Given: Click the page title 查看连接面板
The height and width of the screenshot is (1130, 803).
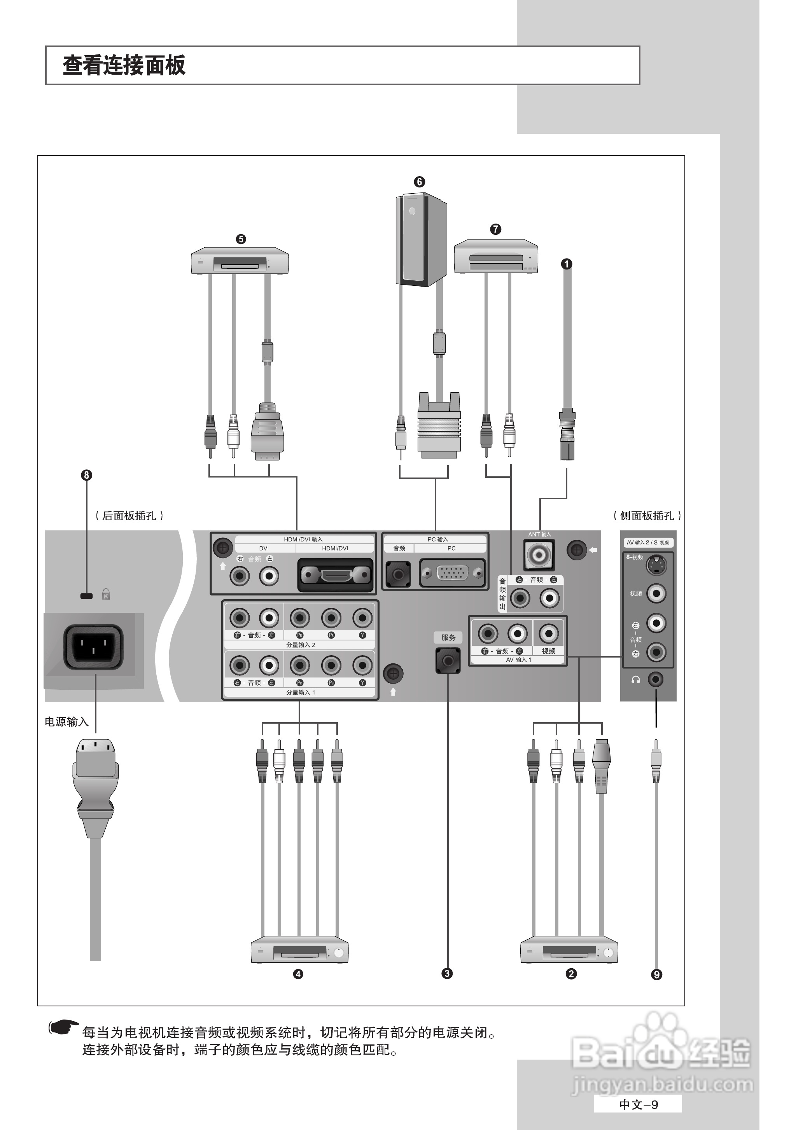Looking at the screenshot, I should click(124, 66).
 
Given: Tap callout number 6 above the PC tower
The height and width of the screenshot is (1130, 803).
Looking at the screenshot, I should click(419, 182).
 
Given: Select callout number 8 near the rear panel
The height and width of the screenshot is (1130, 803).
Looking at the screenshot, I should click(87, 475).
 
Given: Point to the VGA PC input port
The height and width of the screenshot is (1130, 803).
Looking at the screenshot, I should click(452, 573).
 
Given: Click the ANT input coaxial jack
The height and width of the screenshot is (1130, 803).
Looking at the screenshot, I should click(539, 555).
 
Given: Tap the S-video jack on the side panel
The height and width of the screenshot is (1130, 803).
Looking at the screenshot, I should click(656, 565).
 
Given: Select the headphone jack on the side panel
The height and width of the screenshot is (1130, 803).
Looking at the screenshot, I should click(656, 679).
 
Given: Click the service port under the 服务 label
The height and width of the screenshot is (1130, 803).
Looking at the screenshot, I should click(448, 661).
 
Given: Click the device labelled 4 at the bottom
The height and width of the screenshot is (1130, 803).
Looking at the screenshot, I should click(299, 950).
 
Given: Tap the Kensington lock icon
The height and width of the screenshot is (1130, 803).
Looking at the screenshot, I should click(106, 594).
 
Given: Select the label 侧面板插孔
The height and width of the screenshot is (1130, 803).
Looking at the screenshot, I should click(647, 516).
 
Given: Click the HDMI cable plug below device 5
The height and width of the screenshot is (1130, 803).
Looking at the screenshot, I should click(267, 432).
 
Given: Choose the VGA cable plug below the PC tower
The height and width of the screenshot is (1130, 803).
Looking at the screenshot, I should click(439, 426).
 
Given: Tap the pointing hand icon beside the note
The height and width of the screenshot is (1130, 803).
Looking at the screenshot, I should click(63, 1028).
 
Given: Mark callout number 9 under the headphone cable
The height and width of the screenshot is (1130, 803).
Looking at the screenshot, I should click(656, 974).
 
